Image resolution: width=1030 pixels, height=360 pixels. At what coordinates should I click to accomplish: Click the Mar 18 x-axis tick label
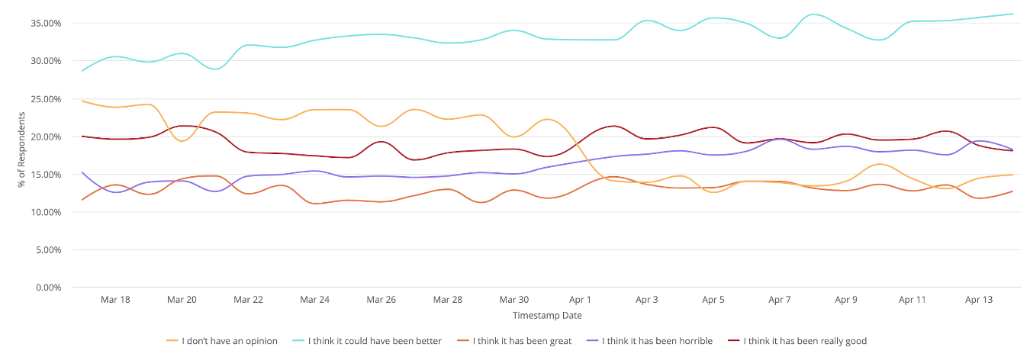tap(115, 300)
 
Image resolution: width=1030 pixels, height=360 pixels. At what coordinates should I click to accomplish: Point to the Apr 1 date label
tap(581, 300)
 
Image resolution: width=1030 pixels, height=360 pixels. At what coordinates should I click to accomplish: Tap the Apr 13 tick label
tap(979, 300)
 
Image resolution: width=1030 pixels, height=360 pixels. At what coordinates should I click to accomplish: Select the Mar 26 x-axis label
tap(381, 300)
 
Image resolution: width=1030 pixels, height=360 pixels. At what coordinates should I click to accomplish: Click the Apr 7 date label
tap(780, 300)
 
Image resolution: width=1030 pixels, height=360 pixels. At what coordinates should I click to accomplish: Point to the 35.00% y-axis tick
tap(47, 24)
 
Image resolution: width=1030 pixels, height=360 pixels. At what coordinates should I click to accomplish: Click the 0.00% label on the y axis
tap(49, 288)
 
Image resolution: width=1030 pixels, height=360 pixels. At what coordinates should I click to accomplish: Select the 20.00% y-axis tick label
tap(47, 137)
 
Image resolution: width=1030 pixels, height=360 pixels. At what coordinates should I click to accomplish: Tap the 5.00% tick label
tap(49, 250)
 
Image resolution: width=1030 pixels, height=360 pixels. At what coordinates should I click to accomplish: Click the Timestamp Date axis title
tap(547, 315)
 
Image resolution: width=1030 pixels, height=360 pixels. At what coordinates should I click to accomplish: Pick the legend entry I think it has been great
tap(521, 341)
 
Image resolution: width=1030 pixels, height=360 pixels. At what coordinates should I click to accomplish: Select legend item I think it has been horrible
tap(656, 341)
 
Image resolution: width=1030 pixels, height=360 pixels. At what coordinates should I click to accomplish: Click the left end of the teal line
tap(82, 71)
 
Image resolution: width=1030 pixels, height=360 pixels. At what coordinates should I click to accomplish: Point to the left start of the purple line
tap(82, 172)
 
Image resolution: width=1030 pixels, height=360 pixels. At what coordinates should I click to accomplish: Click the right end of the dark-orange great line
tap(1012, 191)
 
